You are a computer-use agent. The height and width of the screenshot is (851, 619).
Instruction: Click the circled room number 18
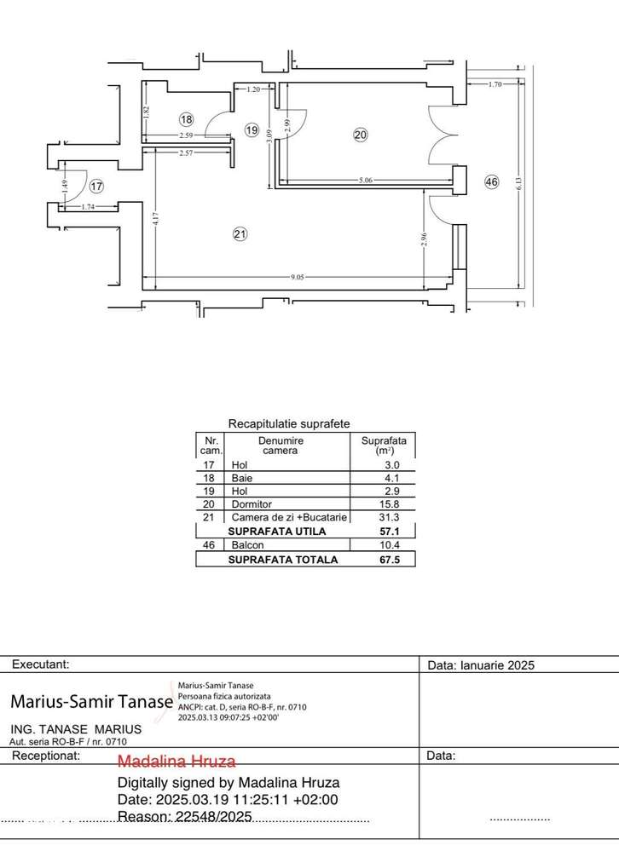coord(187,119)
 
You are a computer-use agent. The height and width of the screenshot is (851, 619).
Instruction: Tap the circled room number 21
coord(240,234)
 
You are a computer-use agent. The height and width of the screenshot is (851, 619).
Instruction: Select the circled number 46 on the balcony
coord(491,181)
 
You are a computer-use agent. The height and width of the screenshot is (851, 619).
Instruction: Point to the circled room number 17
coord(96,186)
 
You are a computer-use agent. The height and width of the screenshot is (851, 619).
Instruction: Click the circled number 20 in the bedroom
coord(360,134)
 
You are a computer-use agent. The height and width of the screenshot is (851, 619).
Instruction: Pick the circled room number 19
coord(252,130)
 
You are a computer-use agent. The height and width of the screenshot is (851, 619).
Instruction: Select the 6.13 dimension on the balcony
coord(517,182)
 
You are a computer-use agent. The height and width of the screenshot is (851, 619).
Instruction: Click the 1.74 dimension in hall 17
coord(88,207)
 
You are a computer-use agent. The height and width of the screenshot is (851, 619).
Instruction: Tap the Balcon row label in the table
coord(247,545)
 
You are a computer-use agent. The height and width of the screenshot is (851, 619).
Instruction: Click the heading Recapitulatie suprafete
coord(289,423)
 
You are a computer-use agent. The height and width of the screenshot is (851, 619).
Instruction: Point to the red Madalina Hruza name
coord(176,761)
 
